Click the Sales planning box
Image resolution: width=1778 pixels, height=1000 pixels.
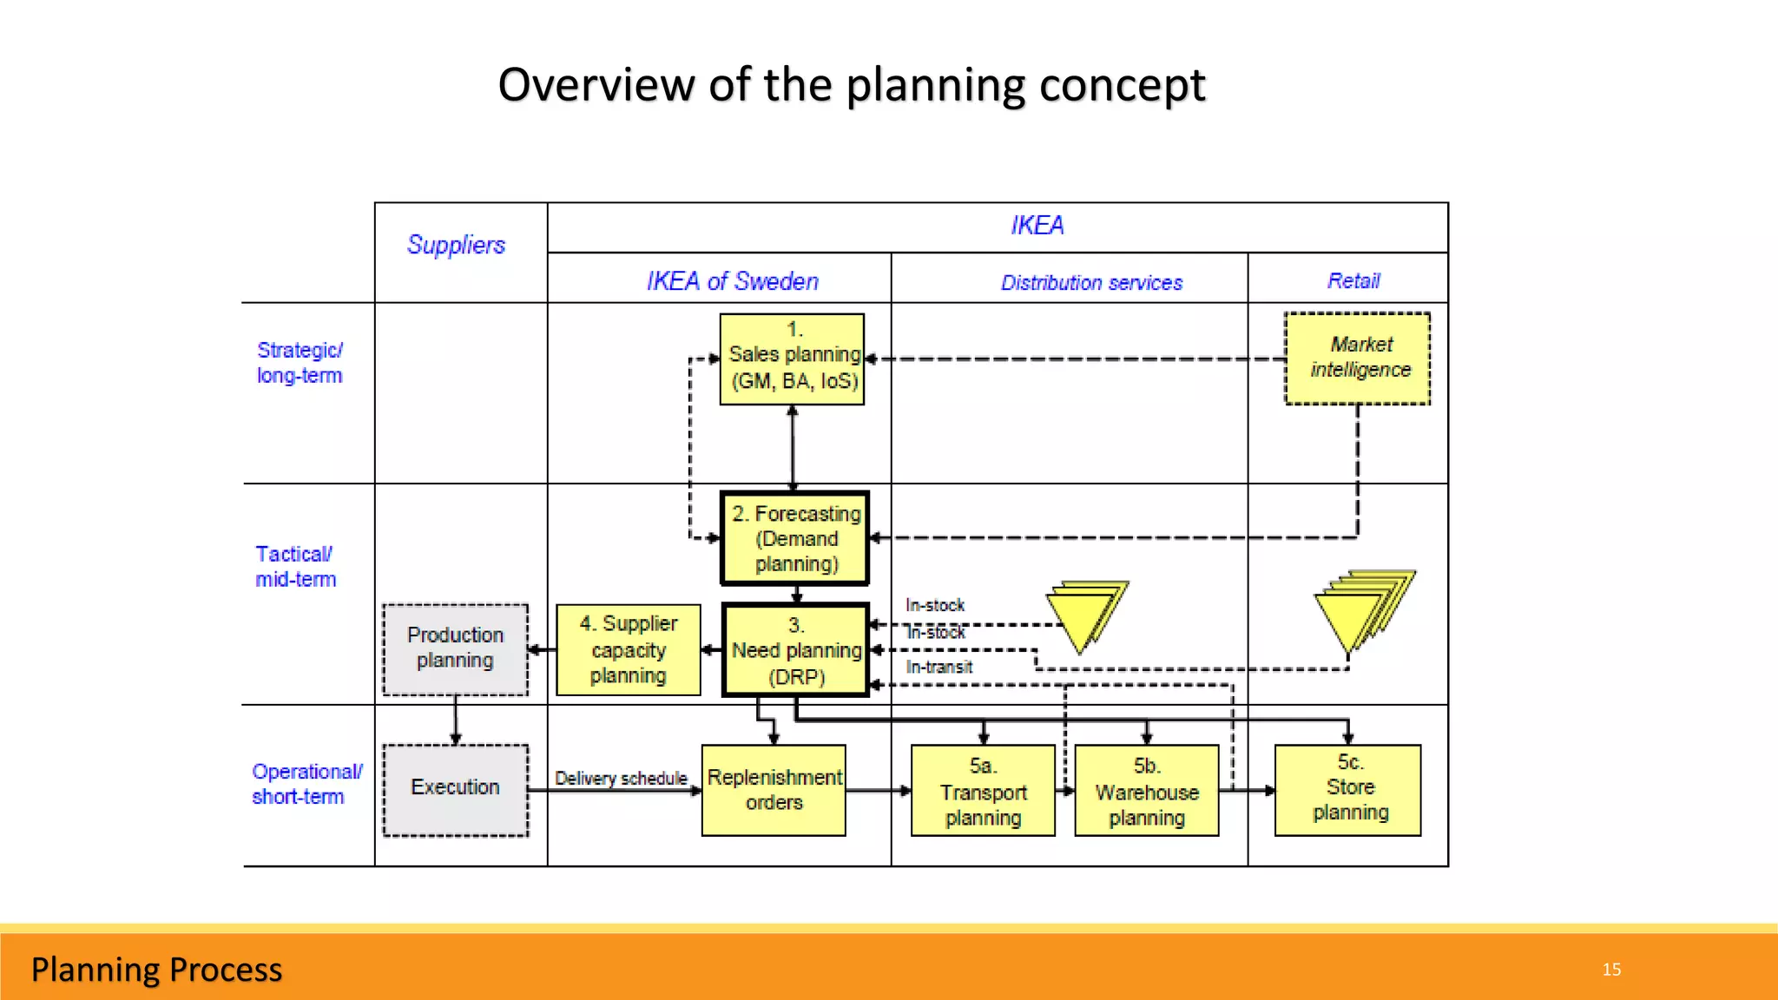point(792,359)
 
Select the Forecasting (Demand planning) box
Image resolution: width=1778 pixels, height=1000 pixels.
point(795,538)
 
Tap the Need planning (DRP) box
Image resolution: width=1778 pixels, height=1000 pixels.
point(795,650)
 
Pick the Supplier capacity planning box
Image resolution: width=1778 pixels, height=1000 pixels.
point(629,649)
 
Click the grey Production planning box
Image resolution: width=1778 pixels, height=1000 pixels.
point(455,648)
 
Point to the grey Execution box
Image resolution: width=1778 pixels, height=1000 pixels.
point(455,788)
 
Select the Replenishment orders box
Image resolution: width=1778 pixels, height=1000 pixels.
point(774,790)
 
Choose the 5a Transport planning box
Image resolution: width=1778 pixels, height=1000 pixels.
point(983,791)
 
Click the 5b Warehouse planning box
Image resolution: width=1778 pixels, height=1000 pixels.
point(1146,791)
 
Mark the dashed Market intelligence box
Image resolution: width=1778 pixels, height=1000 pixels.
point(1358,358)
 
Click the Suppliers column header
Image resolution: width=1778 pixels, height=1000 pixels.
point(456,245)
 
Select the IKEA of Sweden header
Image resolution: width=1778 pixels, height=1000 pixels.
point(732,281)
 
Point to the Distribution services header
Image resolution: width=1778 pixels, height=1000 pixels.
point(1091,282)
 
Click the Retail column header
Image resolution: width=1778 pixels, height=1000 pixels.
point(1353,280)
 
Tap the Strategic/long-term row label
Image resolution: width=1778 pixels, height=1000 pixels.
point(300,363)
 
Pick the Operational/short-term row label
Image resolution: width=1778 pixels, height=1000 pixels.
point(306,784)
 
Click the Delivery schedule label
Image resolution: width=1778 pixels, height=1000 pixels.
point(621,778)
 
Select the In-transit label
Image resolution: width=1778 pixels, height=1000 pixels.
point(938,667)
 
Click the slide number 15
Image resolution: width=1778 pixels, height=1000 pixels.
point(1611,969)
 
